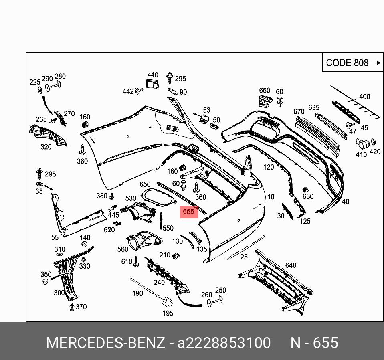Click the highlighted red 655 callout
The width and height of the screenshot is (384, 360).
(x=188, y=212)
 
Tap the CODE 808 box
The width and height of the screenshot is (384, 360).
(x=352, y=63)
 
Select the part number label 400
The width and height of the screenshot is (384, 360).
(x=364, y=97)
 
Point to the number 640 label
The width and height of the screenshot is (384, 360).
(x=291, y=265)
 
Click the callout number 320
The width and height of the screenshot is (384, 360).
(x=46, y=147)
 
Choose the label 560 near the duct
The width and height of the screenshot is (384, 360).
(x=123, y=249)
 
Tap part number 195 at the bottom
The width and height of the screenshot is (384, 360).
(x=168, y=313)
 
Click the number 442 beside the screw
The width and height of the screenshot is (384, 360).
(x=128, y=92)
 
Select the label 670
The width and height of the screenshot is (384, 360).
(x=299, y=112)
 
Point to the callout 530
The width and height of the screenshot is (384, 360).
(x=131, y=198)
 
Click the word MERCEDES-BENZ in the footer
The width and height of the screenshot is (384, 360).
(x=105, y=343)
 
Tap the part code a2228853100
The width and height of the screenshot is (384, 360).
(x=224, y=343)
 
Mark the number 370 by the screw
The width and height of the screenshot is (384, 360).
(x=81, y=307)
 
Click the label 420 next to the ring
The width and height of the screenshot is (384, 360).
(x=375, y=152)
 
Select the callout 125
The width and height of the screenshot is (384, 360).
(x=305, y=221)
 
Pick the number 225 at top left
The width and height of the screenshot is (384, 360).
(x=35, y=83)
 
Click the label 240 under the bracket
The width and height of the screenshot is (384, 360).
(x=159, y=283)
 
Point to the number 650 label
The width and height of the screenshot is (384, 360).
(x=145, y=184)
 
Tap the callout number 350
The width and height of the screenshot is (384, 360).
(x=46, y=275)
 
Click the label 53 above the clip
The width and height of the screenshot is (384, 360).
(x=206, y=110)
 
